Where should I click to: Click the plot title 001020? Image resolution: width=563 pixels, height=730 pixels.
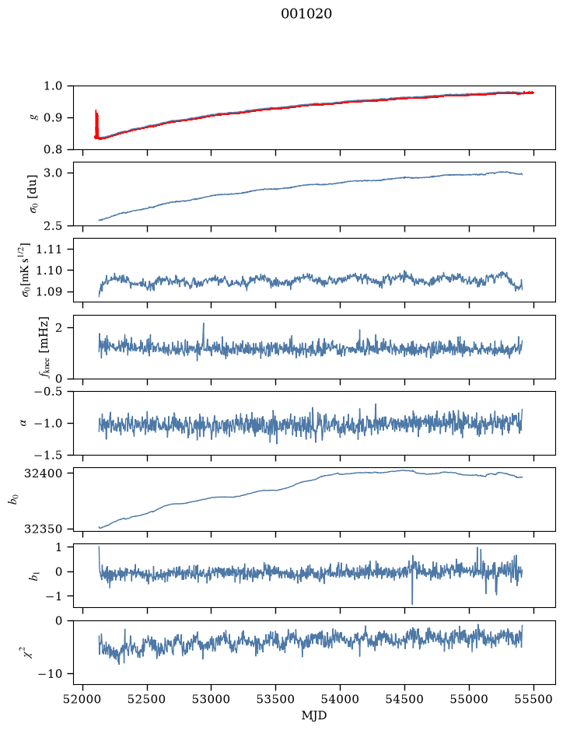(306, 14)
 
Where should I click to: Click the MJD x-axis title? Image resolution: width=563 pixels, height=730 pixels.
(314, 715)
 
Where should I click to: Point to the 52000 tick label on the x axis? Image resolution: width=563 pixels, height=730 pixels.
(83, 699)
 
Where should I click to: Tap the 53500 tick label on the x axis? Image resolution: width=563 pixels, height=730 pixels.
(276, 699)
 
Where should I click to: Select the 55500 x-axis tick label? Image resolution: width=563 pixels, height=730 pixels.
(533, 699)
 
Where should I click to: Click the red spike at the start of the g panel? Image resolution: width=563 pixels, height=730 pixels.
(96, 124)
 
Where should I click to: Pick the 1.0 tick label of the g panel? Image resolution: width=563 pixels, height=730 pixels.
(53, 86)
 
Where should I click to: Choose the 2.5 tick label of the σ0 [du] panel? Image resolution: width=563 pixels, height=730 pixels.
(53, 225)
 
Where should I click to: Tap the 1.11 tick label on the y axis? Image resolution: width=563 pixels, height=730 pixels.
(48, 249)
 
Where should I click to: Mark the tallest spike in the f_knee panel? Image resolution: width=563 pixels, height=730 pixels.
(204, 324)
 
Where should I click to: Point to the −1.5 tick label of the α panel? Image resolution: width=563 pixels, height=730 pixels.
(48, 455)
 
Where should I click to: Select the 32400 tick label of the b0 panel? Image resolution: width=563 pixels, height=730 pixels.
(42, 473)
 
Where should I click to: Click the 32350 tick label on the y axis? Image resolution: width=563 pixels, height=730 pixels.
(42, 529)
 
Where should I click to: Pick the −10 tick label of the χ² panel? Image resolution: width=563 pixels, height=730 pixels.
(51, 674)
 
